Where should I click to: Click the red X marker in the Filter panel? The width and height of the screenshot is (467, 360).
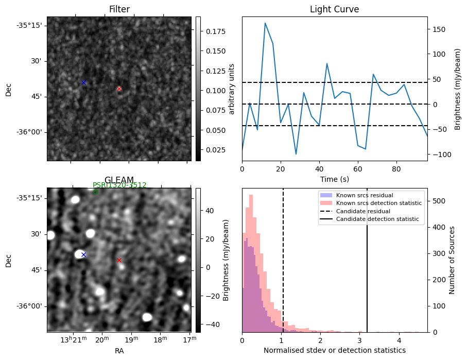119,89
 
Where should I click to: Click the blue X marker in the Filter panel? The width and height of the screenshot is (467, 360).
83,82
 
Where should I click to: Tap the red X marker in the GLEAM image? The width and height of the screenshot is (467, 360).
119,260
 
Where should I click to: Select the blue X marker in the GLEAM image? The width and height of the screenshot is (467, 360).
83,254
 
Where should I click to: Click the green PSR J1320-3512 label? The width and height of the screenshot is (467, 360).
119,185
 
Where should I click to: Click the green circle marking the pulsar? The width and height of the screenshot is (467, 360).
96,192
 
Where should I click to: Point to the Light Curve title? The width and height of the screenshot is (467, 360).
334,9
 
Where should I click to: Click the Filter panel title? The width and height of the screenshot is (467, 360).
119,9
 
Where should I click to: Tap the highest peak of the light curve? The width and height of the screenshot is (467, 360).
265,23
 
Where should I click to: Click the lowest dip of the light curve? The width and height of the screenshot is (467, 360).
296,154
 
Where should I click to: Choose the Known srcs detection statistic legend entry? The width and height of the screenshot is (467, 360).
378,203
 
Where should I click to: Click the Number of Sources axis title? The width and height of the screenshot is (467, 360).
452,260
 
